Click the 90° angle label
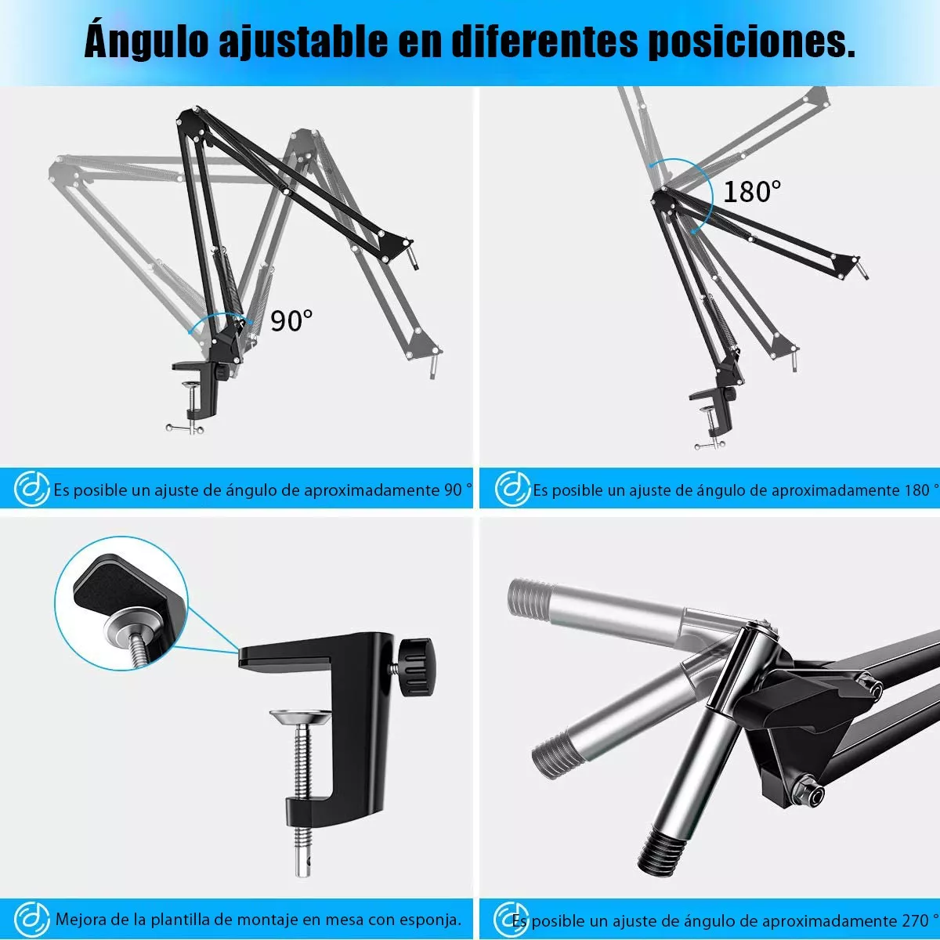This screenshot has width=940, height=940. (291, 320)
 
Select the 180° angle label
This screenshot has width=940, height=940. (751, 191)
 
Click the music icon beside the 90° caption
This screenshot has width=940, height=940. (32, 490)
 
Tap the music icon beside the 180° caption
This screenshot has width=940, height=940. (512, 490)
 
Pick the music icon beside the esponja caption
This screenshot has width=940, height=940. (32, 918)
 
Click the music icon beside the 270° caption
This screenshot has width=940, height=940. (512, 918)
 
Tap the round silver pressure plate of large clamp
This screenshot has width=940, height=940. (300, 717)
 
